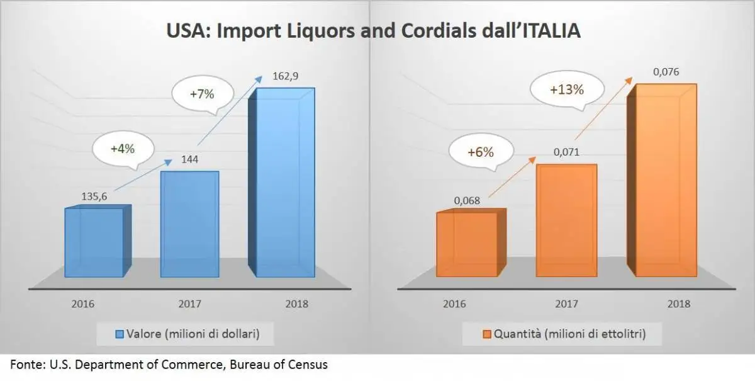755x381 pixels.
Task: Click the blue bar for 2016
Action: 94,242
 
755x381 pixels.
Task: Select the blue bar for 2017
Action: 190,224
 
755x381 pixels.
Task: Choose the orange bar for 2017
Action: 566,220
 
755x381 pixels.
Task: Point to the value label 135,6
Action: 94,196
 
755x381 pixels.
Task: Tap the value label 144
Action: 190,159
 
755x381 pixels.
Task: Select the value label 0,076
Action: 666,72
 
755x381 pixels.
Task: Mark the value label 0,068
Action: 467,200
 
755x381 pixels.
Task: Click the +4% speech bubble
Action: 123,150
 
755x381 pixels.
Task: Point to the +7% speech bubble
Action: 202,94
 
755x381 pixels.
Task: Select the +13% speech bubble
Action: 566,89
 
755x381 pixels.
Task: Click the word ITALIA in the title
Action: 545,31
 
